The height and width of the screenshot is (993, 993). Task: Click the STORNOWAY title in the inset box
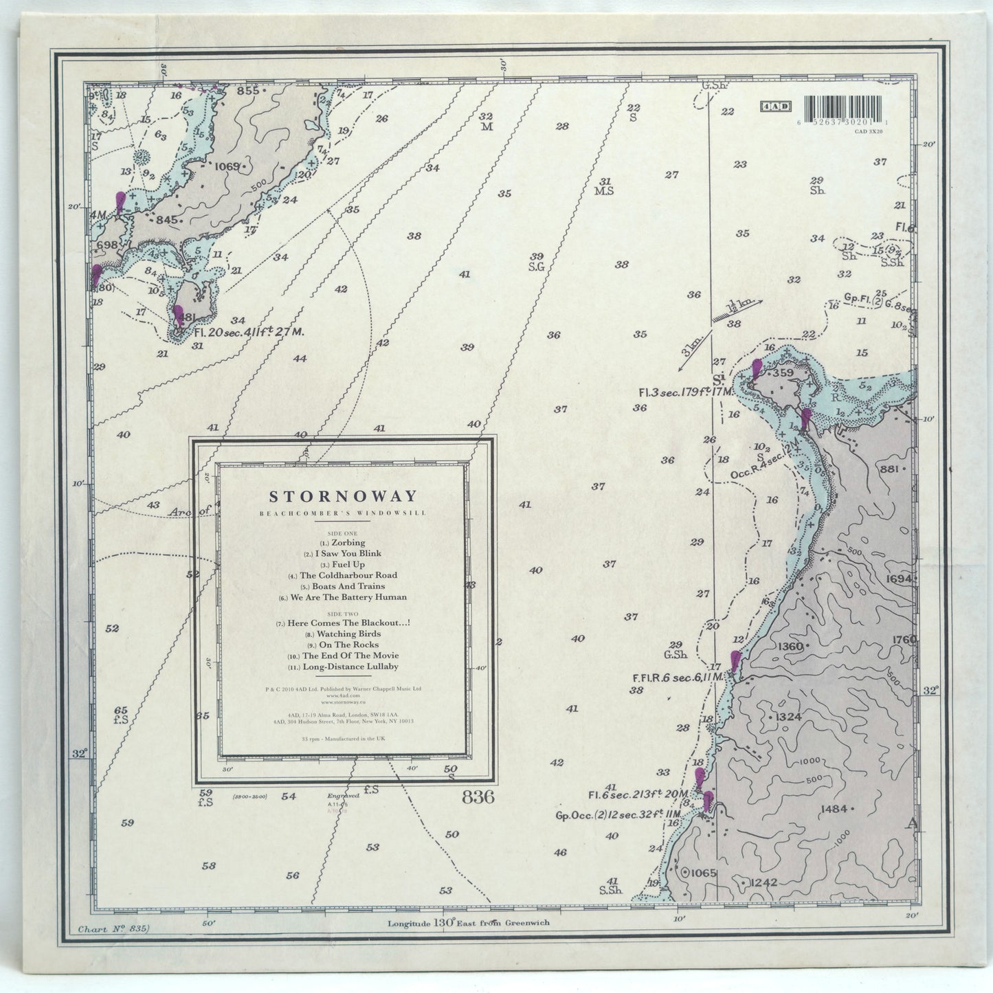pyautogui.click(x=342, y=496)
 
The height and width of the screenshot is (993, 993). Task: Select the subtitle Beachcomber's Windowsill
pyautogui.click(x=342, y=513)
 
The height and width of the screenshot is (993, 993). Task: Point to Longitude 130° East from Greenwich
pyautogui.click(x=469, y=923)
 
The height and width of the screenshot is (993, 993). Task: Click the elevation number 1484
pyautogui.click(x=834, y=809)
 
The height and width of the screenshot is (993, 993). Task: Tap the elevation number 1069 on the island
pyautogui.click(x=226, y=166)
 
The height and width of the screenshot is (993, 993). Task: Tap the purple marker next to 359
pyautogui.click(x=757, y=369)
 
